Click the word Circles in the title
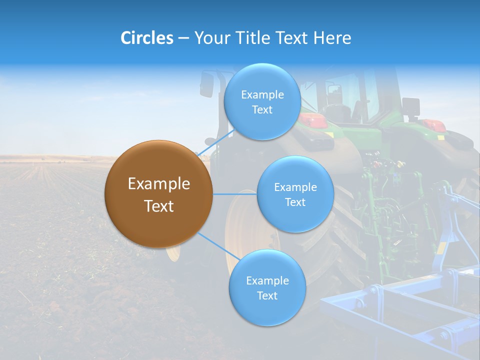point(147,38)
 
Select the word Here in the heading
point(332,38)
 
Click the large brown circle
point(158,194)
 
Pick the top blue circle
point(262,101)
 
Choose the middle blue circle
point(295,194)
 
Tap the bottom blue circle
point(267,287)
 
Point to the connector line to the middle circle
point(235,194)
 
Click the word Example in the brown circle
point(158,184)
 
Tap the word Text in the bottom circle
point(267,295)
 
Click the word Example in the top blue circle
point(262,94)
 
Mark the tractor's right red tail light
point(433,124)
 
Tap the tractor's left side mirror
point(206,84)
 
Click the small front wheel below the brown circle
point(173,253)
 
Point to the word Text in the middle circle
point(295,202)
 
